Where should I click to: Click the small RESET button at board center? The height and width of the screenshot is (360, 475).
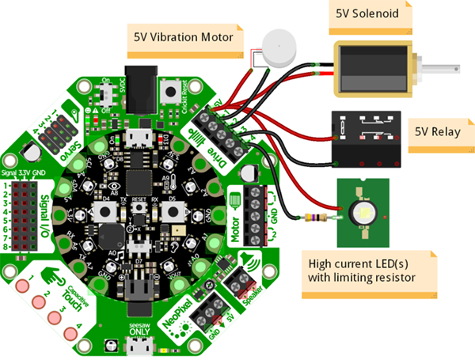(x=138, y=208)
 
